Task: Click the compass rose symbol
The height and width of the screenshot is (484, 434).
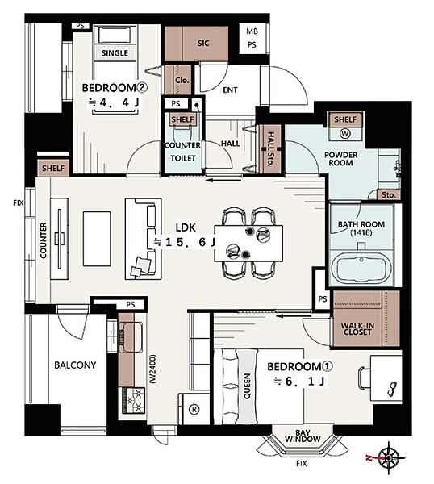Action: pyautogui.click(x=389, y=457)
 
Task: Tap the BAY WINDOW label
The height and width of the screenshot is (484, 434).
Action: pyautogui.click(x=303, y=436)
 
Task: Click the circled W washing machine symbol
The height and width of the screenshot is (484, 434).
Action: pyautogui.click(x=345, y=134)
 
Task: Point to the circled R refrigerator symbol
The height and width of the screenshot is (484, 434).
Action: pyautogui.click(x=194, y=409)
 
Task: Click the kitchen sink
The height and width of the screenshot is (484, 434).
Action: pyautogui.click(x=131, y=337)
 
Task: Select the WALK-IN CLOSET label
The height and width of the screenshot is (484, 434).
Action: pyautogui.click(x=357, y=329)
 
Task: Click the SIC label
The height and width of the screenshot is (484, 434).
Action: pyautogui.click(x=203, y=44)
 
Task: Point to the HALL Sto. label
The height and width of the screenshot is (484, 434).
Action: pyautogui.click(x=270, y=148)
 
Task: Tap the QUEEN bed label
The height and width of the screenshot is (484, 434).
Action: pyautogui.click(x=247, y=386)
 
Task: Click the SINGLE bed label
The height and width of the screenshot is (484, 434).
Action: pyautogui.click(x=115, y=53)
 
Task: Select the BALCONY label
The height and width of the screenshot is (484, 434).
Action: pyautogui.click(x=75, y=365)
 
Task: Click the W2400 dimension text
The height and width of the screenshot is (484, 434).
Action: pyautogui.click(x=153, y=369)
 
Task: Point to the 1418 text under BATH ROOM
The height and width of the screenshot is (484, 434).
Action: pyautogui.click(x=361, y=232)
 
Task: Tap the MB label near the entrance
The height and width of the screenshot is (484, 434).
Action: pyautogui.click(x=252, y=31)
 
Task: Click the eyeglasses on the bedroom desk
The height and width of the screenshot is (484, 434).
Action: pyautogui.click(x=392, y=389)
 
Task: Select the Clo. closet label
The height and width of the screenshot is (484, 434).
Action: pyautogui.click(x=182, y=80)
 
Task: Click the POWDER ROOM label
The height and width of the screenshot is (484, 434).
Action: pyautogui.click(x=340, y=159)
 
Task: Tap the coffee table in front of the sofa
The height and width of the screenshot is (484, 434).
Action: pyautogui.click(x=97, y=239)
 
